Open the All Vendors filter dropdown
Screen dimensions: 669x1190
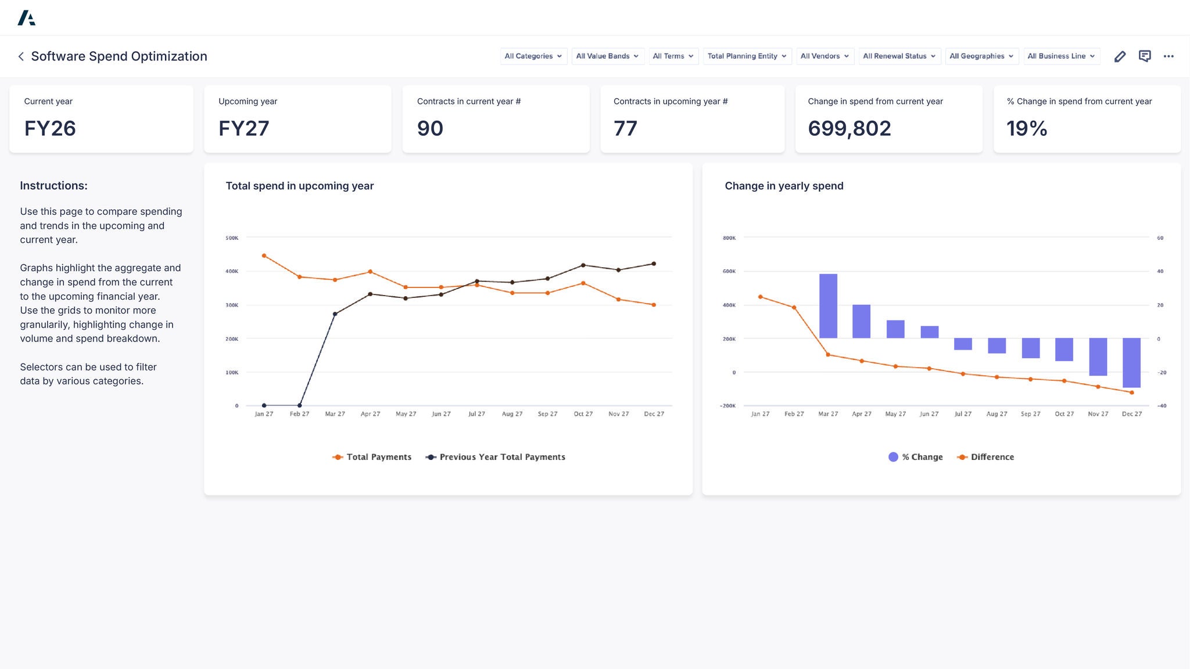click(x=825, y=56)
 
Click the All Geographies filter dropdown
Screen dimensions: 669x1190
click(x=981, y=56)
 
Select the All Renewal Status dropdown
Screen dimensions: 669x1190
click(x=899, y=56)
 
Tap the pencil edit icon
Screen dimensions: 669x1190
click(x=1120, y=56)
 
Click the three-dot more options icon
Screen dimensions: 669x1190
click(x=1169, y=56)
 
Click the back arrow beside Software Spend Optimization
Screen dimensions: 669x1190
click(x=21, y=56)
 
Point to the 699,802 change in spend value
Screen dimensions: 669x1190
click(x=849, y=128)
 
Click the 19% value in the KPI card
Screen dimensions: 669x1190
click(x=1027, y=128)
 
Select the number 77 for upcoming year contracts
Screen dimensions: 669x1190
click(x=625, y=128)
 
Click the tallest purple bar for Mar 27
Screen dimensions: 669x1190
click(x=828, y=306)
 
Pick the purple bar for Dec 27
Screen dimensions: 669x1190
click(x=1131, y=362)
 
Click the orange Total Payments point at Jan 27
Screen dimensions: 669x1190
click(x=264, y=256)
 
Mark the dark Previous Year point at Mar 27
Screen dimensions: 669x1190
click(x=335, y=314)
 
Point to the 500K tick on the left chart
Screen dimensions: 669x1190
click(x=232, y=238)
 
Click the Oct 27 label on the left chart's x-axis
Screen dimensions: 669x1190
click(x=583, y=414)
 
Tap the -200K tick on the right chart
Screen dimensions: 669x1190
click(x=727, y=406)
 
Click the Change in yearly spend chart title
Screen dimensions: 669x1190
click(x=784, y=186)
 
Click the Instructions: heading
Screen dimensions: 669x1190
click(x=53, y=186)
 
